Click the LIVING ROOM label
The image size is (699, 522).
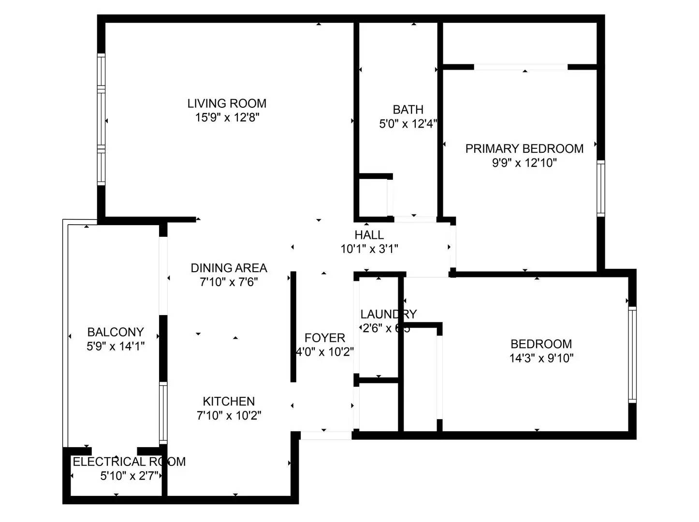click(227, 103)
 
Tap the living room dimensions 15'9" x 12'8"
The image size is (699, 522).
click(227, 117)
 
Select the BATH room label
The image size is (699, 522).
click(408, 110)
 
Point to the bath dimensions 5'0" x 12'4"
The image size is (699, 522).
click(408, 124)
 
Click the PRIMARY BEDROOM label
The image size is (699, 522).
click(524, 148)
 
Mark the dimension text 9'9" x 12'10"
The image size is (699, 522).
click(524, 163)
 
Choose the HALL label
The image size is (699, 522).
click(369, 235)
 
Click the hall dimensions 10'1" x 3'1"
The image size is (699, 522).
click(369, 249)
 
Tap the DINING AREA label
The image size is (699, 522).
click(229, 268)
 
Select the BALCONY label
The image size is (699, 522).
click(116, 332)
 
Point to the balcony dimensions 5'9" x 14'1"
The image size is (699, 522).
click(116, 346)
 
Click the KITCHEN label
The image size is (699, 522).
click(229, 401)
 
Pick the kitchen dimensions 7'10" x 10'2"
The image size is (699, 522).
click(229, 415)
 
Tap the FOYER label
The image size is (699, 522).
click(325, 338)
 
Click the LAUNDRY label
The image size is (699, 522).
click(388, 314)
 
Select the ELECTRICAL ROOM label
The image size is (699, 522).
click(129, 462)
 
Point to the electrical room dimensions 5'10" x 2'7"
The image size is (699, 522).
click(129, 476)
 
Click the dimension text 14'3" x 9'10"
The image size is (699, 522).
click(541, 358)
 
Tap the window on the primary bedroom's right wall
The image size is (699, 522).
click(601, 188)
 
